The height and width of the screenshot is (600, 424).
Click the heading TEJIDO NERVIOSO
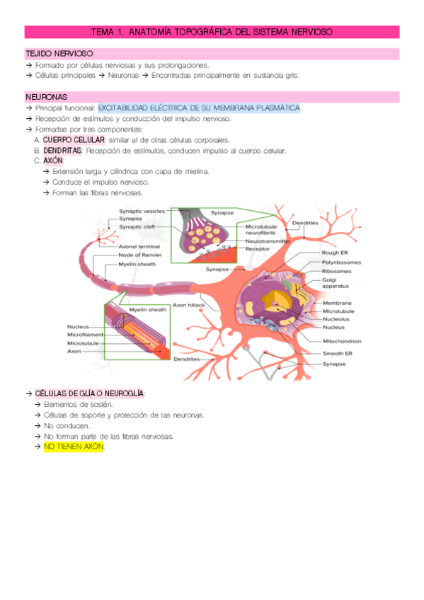pyautogui.click(x=58, y=54)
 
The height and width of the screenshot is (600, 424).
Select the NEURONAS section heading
pyautogui.click(x=46, y=96)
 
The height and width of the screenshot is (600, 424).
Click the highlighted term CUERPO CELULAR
pyautogui.click(x=73, y=140)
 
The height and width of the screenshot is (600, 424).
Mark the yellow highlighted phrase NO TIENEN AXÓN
pyautogui.click(x=74, y=447)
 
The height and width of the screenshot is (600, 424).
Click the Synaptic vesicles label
pyautogui.click(x=142, y=211)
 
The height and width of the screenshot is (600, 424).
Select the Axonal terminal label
pyautogui.click(x=140, y=246)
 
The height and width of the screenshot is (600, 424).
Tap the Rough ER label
pyautogui.click(x=334, y=252)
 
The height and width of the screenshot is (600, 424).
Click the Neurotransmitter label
pyautogui.click(x=270, y=241)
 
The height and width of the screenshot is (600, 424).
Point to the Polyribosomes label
pyautogui.click(x=341, y=262)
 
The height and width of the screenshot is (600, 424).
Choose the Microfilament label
pyautogui.click(x=84, y=334)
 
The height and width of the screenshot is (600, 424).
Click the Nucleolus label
pyautogui.click(x=336, y=319)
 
